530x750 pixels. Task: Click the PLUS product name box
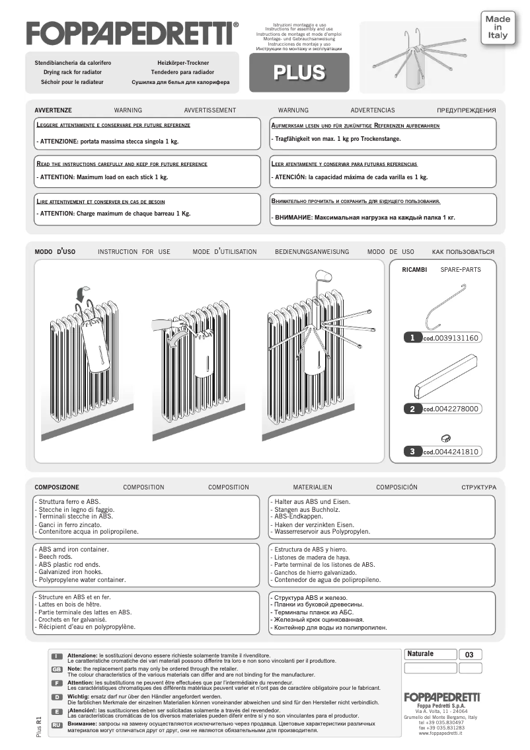click(299, 72)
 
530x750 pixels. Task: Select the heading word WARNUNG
click(293, 110)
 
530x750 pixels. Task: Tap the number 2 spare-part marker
click(412, 409)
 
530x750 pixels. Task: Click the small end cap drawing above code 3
click(445, 437)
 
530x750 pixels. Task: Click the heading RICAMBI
click(414, 270)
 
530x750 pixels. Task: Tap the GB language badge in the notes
click(57, 669)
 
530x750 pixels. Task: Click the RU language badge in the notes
click(57, 726)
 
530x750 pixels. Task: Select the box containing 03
click(470, 655)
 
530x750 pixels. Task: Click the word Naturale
click(420, 654)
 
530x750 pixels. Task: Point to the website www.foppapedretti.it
click(441, 733)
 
